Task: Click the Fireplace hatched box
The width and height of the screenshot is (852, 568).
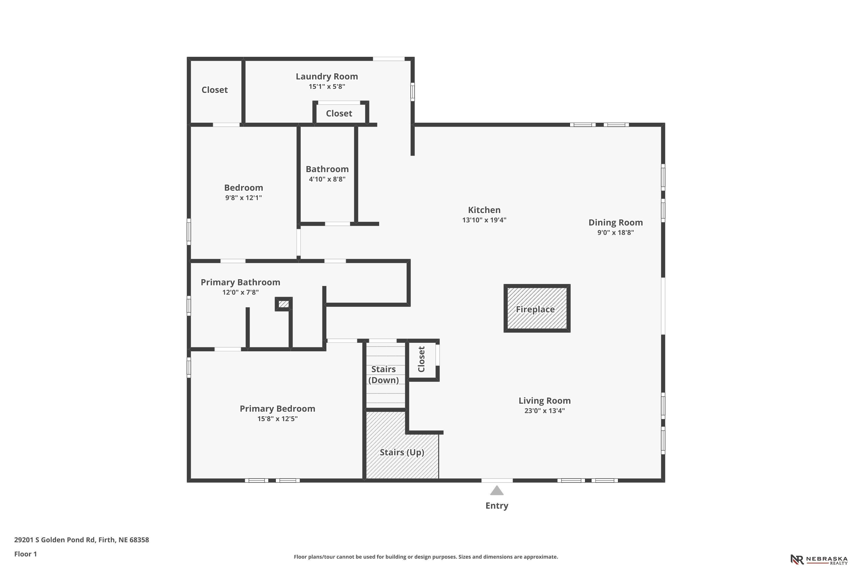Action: [x=537, y=308]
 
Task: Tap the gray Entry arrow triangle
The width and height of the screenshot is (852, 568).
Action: [x=497, y=490]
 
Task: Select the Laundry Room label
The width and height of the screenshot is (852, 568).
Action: [x=327, y=76]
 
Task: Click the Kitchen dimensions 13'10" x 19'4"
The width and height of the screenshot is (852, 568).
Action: [x=484, y=220]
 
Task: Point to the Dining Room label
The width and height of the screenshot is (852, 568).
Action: [x=615, y=222]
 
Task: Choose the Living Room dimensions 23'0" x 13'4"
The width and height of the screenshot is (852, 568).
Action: [x=544, y=411]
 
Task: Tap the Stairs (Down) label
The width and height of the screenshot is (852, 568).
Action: [x=384, y=375]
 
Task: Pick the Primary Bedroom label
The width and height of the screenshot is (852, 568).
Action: [x=277, y=409]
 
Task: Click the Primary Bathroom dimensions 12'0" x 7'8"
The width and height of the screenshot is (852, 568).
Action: [x=241, y=292]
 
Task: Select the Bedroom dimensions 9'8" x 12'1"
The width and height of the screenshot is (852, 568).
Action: [x=243, y=198]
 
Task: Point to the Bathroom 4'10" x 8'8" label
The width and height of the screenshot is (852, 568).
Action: [x=327, y=174]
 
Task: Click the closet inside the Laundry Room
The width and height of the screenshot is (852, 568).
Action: [x=339, y=113]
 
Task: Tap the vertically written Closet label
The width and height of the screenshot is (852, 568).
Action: [x=421, y=359]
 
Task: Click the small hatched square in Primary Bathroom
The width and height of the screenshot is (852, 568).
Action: [x=284, y=304]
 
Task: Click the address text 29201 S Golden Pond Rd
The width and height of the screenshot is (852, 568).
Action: [x=64, y=540]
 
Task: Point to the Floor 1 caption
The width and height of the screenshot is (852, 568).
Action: [x=25, y=554]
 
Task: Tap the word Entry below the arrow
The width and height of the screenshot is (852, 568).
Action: [x=497, y=506]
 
